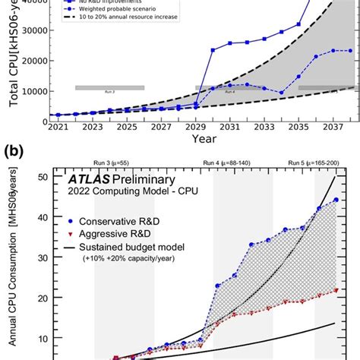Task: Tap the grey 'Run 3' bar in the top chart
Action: (110, 87)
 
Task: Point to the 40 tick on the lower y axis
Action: (43, 217)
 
